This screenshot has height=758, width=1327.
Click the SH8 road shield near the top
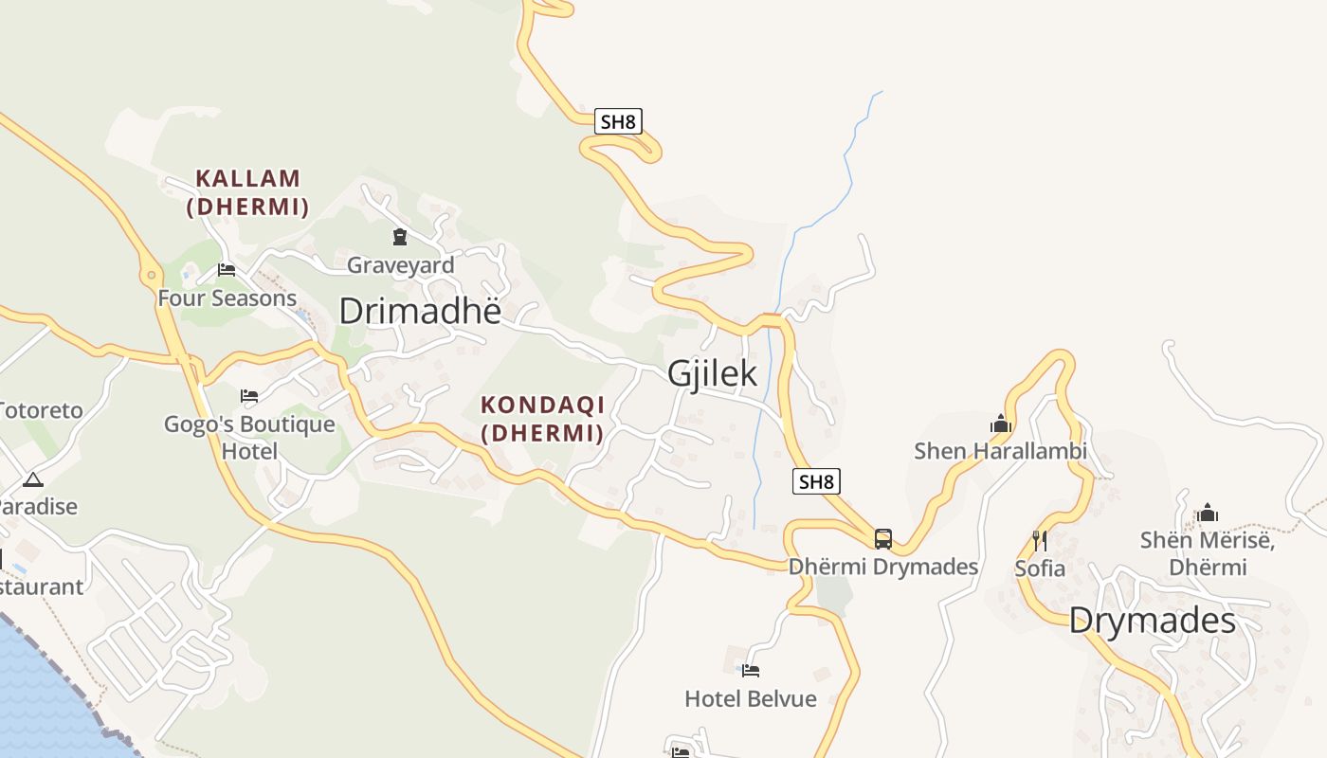point(619,121)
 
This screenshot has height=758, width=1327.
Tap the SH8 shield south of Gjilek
point(816,481)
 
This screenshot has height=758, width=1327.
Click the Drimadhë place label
point(419,311)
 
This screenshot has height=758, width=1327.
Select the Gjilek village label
point(712,373)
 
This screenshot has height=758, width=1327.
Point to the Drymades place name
point(1152,622)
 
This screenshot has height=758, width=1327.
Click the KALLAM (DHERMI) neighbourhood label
point(248,192)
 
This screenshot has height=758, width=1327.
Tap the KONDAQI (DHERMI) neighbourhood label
point(542,419)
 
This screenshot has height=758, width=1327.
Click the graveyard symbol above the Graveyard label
point(400,237)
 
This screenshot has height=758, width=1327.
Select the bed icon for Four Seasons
point(227,270)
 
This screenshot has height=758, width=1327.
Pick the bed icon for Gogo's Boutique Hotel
point(249,395)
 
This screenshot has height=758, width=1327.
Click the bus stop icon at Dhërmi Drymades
point(883,539)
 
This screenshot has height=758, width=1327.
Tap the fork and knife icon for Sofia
point(1040,541)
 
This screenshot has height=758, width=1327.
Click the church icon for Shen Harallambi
point(1001,424)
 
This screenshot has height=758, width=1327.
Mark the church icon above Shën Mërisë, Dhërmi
point(1208,514)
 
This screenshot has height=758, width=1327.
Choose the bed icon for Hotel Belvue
point(751,671)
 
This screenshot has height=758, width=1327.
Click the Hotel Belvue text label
point(751,699)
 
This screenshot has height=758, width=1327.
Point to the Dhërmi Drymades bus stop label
point(883,567)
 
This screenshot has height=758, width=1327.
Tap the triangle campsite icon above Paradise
point(33,479)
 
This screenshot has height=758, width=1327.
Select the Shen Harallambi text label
point(1000,451)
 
